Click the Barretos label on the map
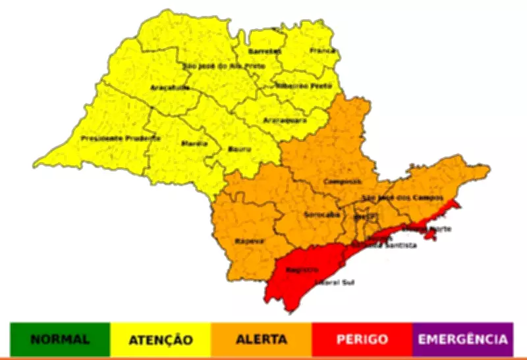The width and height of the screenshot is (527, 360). coord(265,51)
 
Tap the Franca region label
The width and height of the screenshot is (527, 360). coord(322,50)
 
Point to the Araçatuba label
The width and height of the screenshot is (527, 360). coord(170,87)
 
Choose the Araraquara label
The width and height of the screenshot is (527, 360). coord(285,121)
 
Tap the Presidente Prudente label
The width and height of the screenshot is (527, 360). coord(120,138)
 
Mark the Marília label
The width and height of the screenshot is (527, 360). coord(194,143)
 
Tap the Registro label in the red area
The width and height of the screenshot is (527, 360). coord(302,269)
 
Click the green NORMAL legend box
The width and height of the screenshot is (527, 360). coord(60,340)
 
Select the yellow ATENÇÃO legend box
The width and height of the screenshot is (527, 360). coord(160,340)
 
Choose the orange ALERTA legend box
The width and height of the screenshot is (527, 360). coord(262,340)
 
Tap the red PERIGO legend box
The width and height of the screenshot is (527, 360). coord(362,340)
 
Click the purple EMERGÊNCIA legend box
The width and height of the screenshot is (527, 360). coord(463,340)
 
